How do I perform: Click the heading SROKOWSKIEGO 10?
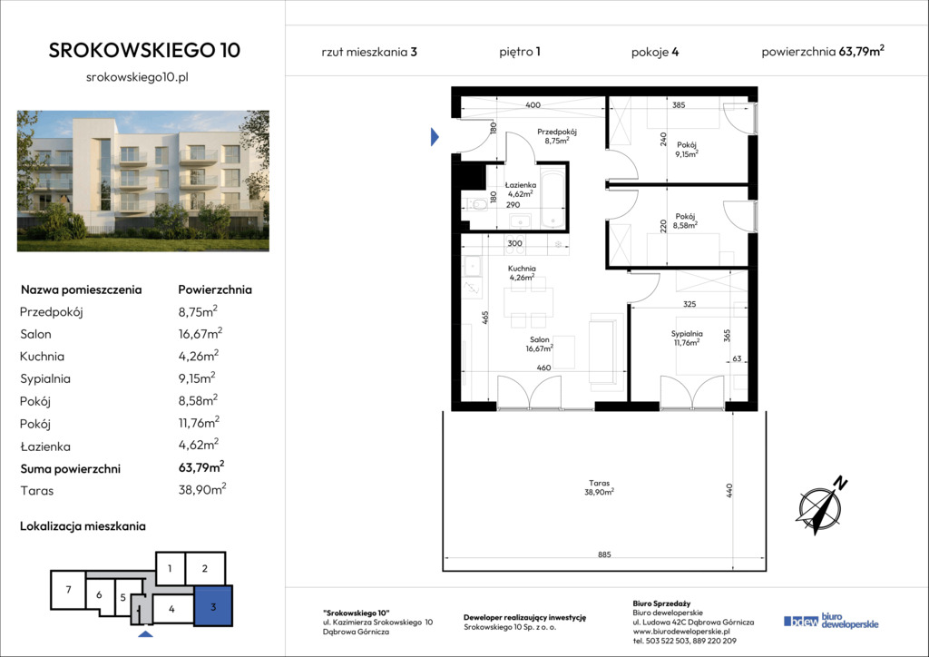click(x=144, y=50)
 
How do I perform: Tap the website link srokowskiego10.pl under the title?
click(x=138, y=77)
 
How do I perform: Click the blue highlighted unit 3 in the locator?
click(x=213, y=605)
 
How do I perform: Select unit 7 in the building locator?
click(x=68, y=590)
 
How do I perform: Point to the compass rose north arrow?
click(x=821, y=505)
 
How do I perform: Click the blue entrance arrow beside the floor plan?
click(x=435, y=137)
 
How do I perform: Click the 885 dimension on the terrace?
click(x=603, y=554)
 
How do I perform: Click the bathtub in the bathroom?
click(x=553, y=200)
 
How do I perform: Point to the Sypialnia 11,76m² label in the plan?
click(x=687, y=338)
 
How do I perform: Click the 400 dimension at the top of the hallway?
click(x=533, y=105)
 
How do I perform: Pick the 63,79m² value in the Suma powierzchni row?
click(x=201, y=467)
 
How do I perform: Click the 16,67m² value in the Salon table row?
click(x=200, y=334)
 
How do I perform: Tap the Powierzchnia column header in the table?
click(x=215, y=289)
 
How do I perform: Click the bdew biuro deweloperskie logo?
click(x=831, y=621)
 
